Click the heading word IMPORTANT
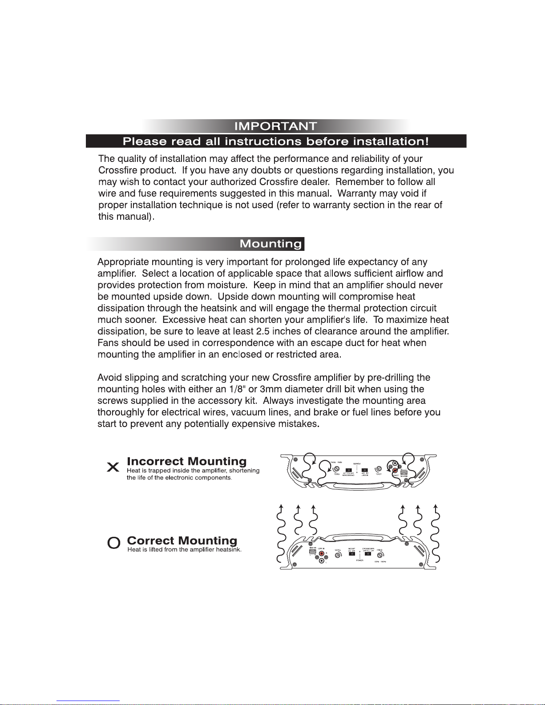(x=276, y=126)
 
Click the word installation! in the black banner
(x=391, y=141)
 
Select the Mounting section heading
(x=270, y=244)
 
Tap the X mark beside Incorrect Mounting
(x=113, y=467)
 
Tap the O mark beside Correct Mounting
(x=114, y=543)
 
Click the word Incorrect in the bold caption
(x=155, y=461)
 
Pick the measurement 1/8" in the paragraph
(x=238, y=389)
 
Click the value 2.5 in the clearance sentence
(x=262, y=331)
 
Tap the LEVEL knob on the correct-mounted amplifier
(x=338, y=555)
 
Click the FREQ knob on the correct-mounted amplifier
(x=379, y=555)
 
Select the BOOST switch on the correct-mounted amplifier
(x=352, y=554)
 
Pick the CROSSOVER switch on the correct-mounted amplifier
(x=368, y=554)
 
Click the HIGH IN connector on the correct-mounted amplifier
(x=312, y=552)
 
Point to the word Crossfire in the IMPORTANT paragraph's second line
(x=117, y=170)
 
